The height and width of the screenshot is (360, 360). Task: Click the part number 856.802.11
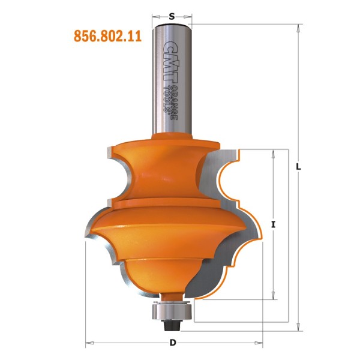pyautogui.click(x=107, y=36)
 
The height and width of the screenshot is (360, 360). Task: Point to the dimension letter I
pyautogui.click(x=274, y=224)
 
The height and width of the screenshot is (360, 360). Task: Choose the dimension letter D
pyautogui.click(x=173, y=343)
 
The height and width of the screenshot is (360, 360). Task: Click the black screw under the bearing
pyautogui.click(x=173, y=325)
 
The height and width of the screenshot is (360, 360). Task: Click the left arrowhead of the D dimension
pyautogui.click(x=89, y=344)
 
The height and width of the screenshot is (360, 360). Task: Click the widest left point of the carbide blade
pyautogui.click(x=87, y=238)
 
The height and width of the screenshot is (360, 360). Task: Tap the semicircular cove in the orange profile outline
pyautogui.click(x=224, y=178)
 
